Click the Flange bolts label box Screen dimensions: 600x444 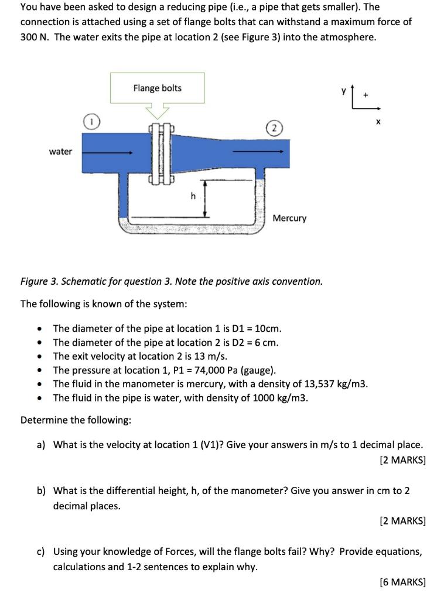pos(157,88)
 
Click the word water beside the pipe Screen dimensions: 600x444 pos(60,152)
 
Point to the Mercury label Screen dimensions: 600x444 pos(289,218)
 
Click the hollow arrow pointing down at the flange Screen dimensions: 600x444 pos(157,110)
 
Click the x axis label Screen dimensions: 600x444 pos(378,122)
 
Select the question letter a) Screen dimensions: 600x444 pos(41,445)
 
